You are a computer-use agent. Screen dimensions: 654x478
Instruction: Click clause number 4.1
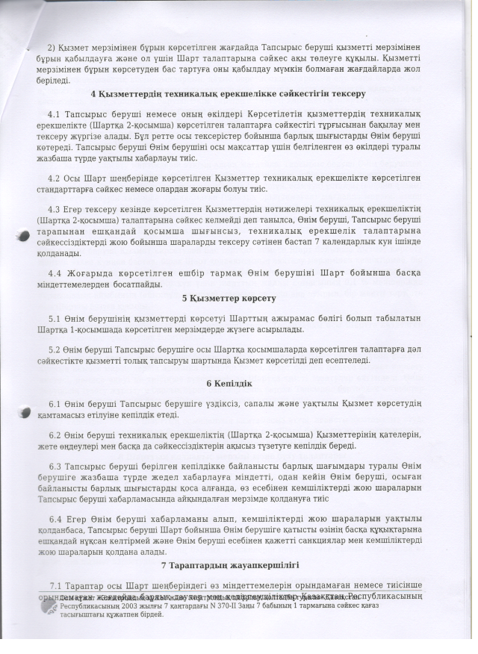pyautogui.click(x=53, y=114)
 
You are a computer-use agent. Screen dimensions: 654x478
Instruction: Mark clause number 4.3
pyautogui.click(x=53, y=209)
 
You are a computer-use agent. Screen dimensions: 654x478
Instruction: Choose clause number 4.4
pyautogui.click(x=53, y=272)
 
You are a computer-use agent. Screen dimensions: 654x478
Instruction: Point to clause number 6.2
pyautogui.click(x=53, y=435)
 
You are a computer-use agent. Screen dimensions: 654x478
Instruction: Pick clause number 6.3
pyautogui.click(x=53, y=466)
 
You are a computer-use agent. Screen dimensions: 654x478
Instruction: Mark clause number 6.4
pyautogui.click(x=53, y=519)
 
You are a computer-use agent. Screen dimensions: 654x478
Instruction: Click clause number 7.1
pyautogui.click(x=53, y=585)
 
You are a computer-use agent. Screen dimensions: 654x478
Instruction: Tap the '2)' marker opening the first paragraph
pyautogui.click(x=52, y=25)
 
